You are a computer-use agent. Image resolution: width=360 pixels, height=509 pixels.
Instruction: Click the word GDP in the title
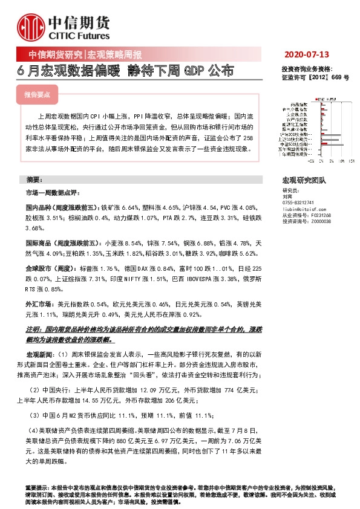tap(192, 71)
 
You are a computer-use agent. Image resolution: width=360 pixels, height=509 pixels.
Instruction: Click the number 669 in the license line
tap(337, 78)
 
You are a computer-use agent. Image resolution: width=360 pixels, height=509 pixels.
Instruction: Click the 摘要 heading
tap(34, 181)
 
